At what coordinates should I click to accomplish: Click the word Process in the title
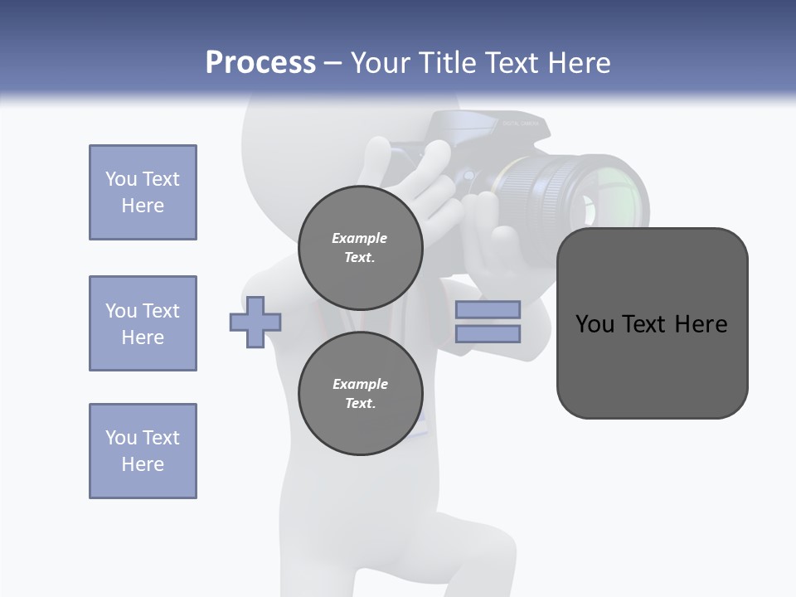[x=260, y=63]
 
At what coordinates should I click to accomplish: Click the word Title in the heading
[x=447, y=63]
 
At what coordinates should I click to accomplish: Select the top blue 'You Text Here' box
[x=143, y=192]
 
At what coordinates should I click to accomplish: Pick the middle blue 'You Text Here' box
[x=143, y=323]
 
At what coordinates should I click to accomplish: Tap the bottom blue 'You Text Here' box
[x=143, y=451]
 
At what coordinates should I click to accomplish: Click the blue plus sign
[x=255, y=322]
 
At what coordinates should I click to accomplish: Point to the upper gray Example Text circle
[x=360, y=247]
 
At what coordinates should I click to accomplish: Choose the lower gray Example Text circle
[x=360, y=393]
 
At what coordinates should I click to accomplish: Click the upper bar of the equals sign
[x=488, y=309]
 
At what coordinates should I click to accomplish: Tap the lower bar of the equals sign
[x=488, y=334]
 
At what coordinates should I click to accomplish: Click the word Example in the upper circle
[x=360, y=238]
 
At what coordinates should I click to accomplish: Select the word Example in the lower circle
[x=360, y=384]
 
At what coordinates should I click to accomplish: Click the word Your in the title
[x=380, y=63]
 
